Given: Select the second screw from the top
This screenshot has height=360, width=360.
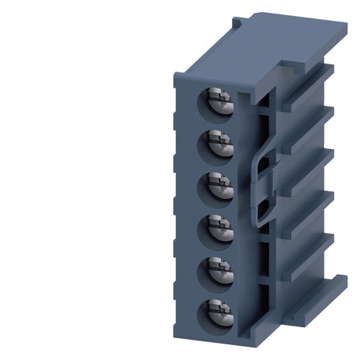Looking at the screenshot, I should [220, 144].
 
